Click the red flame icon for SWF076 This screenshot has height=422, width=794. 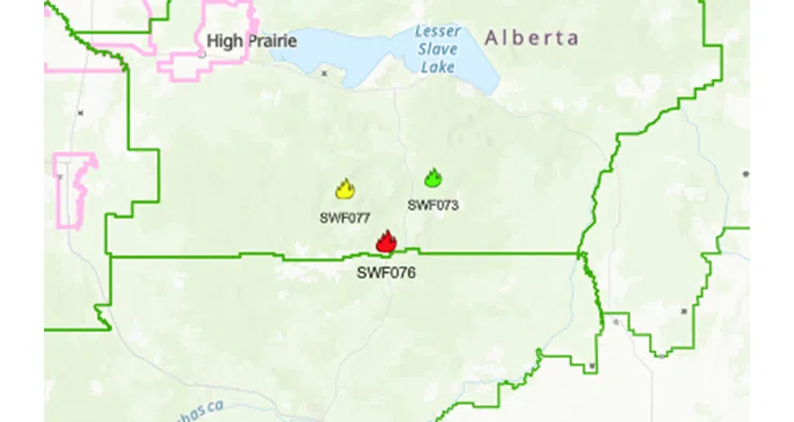385,242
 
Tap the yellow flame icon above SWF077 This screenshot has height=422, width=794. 345,189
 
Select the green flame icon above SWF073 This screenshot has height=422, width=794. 432,177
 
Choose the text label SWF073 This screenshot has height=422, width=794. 433,204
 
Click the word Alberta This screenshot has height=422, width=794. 531,38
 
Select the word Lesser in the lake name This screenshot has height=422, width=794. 439,31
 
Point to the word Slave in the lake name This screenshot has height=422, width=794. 437,49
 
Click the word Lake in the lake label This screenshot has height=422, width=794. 437,67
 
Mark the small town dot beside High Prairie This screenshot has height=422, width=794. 201,53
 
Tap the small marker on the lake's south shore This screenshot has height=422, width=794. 324,72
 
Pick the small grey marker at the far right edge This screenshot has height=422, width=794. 745,174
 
